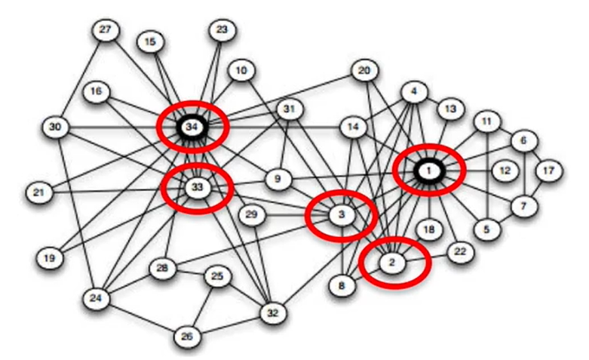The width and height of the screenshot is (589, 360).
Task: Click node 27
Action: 105,30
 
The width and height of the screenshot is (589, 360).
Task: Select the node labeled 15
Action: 150,42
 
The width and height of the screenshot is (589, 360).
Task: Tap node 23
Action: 221,30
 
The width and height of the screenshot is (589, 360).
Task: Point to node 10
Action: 241,71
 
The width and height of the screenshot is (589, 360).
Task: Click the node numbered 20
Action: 364,71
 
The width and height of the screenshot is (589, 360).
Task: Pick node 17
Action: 548,171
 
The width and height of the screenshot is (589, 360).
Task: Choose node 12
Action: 505,171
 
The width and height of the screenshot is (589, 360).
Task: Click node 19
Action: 50,258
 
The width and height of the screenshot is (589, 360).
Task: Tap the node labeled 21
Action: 38,193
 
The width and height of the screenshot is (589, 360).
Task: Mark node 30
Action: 54,128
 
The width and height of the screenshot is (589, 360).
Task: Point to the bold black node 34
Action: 192,128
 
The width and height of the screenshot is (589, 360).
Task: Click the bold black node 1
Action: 428,172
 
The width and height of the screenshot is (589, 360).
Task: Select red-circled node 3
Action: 342,215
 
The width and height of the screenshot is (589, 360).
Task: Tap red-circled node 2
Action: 391,263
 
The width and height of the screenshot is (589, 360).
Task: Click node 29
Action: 252,215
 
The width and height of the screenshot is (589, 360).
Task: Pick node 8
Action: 342,286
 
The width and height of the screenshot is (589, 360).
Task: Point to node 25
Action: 217,277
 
